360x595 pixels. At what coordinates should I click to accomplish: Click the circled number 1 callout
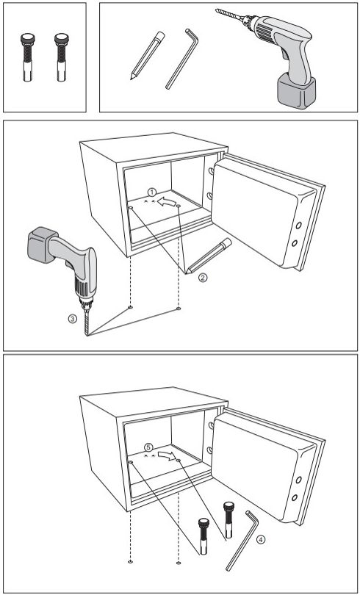pyautogui.click(x=152, y=192)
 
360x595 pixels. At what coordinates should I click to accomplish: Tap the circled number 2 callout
pyautogui.click(x=203, y=278)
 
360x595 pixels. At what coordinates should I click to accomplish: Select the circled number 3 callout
pyautogui.click(x=73, y=319)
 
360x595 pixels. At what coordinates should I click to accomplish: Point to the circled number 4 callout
pyautogui.click(x=260, y=539)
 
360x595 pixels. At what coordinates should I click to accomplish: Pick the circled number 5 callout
pyautogui.click(x=148, y=447)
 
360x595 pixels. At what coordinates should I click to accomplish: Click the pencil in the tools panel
pyautogui.click(x=148, y=55)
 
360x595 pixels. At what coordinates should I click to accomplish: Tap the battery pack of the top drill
pyautogui.click(x=296, y=91)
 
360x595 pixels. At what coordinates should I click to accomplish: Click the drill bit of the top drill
pyautogui.click(x=230, y=15)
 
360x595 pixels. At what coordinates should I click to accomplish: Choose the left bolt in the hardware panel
pyautogui.click(x=28, y=57)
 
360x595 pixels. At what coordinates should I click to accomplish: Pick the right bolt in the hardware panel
pyautogui.click(x=62, y=57)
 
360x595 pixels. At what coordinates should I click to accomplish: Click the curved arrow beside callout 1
pyautogui.click(x=166, y=201)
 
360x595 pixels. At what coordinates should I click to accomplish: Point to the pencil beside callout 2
pyautogui.click(x=208, y=256)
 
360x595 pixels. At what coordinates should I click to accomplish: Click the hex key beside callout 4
pyautogui.click(x=242, y=540)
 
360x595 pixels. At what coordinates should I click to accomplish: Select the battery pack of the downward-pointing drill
pyautogui.click(x=41, y=245)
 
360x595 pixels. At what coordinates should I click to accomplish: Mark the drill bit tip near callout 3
pyautogui.click(x=87, y=335)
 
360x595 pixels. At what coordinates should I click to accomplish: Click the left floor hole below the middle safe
pyautogui.click(x=131, y=307)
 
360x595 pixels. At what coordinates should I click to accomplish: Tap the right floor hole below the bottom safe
pyautogui.click(x=179, y=563)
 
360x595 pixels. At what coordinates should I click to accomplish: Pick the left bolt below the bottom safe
pyautogui.click(x=204, y=536)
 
